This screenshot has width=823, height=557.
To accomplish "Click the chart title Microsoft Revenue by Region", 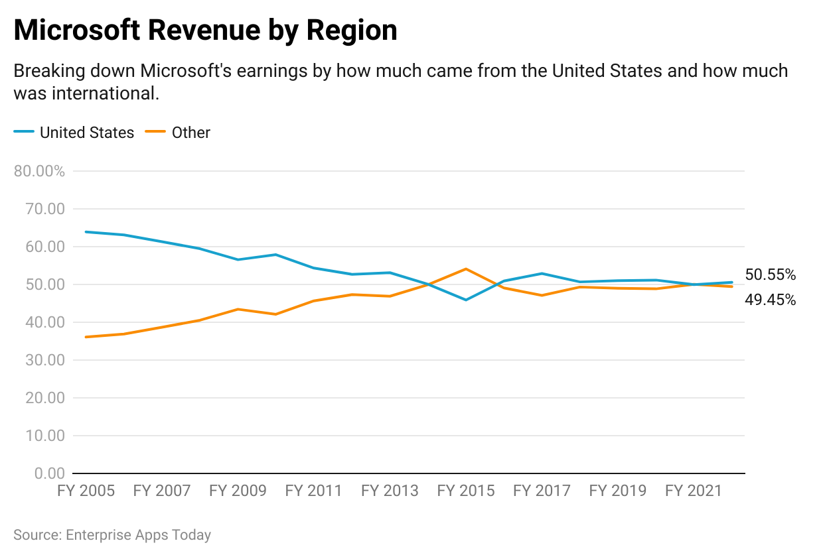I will coord(205,31).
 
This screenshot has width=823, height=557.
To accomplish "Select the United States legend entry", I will coord(86,133).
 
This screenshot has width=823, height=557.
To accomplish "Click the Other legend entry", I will coord(190,133).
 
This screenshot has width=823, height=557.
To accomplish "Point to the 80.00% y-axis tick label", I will coord(39,171).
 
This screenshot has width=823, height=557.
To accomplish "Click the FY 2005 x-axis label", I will coord(86,491).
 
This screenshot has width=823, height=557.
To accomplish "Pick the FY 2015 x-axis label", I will coord(466,491).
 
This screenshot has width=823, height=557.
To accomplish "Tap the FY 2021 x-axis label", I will coord(694,491).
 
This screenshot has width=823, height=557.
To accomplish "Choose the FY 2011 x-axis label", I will coord(314,491).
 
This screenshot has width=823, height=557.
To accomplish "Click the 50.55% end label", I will coord(770,275).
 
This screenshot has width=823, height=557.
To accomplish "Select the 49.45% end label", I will coord(770,300).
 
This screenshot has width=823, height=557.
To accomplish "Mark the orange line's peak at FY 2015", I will coord(466,269).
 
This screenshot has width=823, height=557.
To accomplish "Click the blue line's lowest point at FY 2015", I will coord(466,300).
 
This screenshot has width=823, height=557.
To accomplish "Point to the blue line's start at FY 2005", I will coord(86,232).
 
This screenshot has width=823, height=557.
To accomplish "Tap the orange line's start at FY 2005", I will coord(86,337).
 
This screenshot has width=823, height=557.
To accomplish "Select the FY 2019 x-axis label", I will coord(618,491).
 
